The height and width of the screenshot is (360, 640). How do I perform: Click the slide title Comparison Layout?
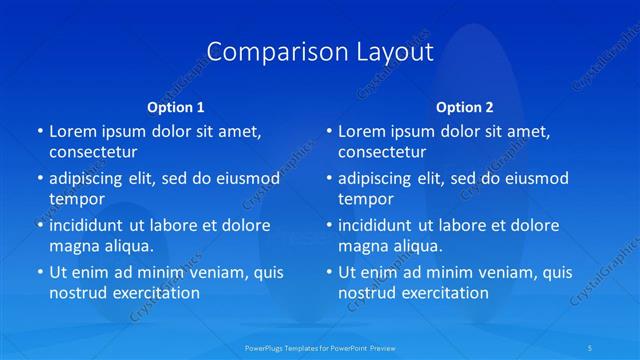(320, 52)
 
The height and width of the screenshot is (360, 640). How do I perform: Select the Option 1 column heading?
(175, 106)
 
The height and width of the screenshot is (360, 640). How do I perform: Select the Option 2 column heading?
(464, 106)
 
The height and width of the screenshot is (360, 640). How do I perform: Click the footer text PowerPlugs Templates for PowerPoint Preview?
(319, 347)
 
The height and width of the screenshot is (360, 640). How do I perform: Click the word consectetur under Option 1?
(93, 152)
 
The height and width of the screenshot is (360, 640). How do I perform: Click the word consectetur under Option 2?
(382, 152)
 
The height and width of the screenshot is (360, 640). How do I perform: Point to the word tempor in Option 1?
(76, 199)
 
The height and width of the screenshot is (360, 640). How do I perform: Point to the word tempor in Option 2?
(365, 199)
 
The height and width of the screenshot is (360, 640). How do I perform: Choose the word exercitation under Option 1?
(155, 293)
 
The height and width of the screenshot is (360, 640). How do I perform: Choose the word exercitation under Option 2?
(444, 293)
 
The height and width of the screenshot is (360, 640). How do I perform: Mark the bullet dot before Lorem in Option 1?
(39, 132)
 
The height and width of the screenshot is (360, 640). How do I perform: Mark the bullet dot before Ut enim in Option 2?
(328, 273)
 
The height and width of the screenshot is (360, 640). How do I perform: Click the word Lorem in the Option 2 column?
(362, 131)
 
